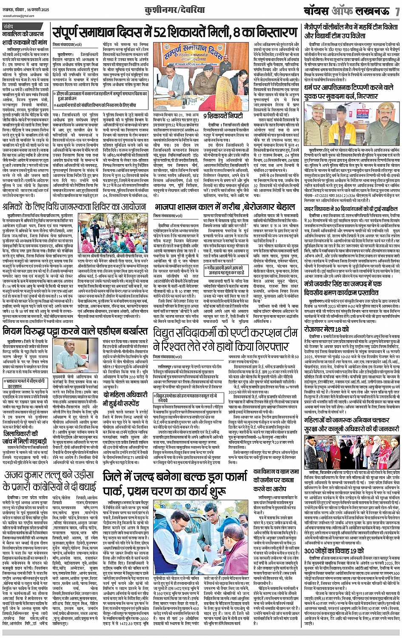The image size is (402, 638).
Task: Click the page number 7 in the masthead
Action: coord(396,9)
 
